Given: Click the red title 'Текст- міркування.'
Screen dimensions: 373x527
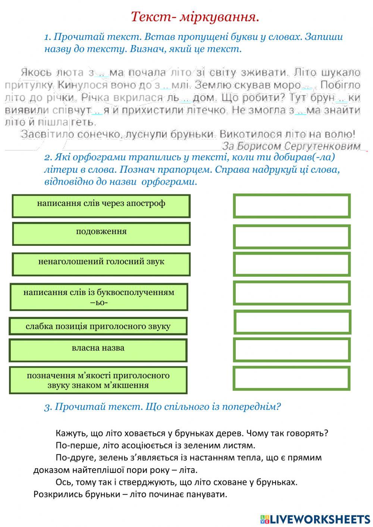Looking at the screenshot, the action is click(x=195, y=17).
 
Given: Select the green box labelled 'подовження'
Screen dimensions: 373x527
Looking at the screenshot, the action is click(x=101, y=234).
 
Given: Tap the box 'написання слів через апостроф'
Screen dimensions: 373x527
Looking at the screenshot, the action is click(x=101, y=206).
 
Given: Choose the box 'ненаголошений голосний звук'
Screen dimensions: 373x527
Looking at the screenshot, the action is click(x=101, y=264).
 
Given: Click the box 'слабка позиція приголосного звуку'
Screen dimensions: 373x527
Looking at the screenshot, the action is click(x=98, y=326).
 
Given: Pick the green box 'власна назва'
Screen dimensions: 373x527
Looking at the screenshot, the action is click(x=98, y=350).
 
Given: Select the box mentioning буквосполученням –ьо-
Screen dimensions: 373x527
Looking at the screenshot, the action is click(x=99, y=297).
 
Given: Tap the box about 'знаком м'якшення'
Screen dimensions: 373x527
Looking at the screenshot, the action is click(x=98, y=380).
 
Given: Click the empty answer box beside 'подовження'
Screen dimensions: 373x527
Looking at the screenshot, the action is click(x=292, y=236).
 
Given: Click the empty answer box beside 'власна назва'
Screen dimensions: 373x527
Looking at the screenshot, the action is click(x=292, y=349).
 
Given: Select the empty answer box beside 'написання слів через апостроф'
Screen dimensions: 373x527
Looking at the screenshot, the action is click(x=292, y=206).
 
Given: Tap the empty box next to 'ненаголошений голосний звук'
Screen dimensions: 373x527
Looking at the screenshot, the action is click(x=292, y=264).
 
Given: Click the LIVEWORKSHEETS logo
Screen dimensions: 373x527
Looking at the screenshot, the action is click(x=315, y=519).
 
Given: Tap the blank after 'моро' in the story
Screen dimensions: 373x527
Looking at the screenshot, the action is click(x=307, y=86).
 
